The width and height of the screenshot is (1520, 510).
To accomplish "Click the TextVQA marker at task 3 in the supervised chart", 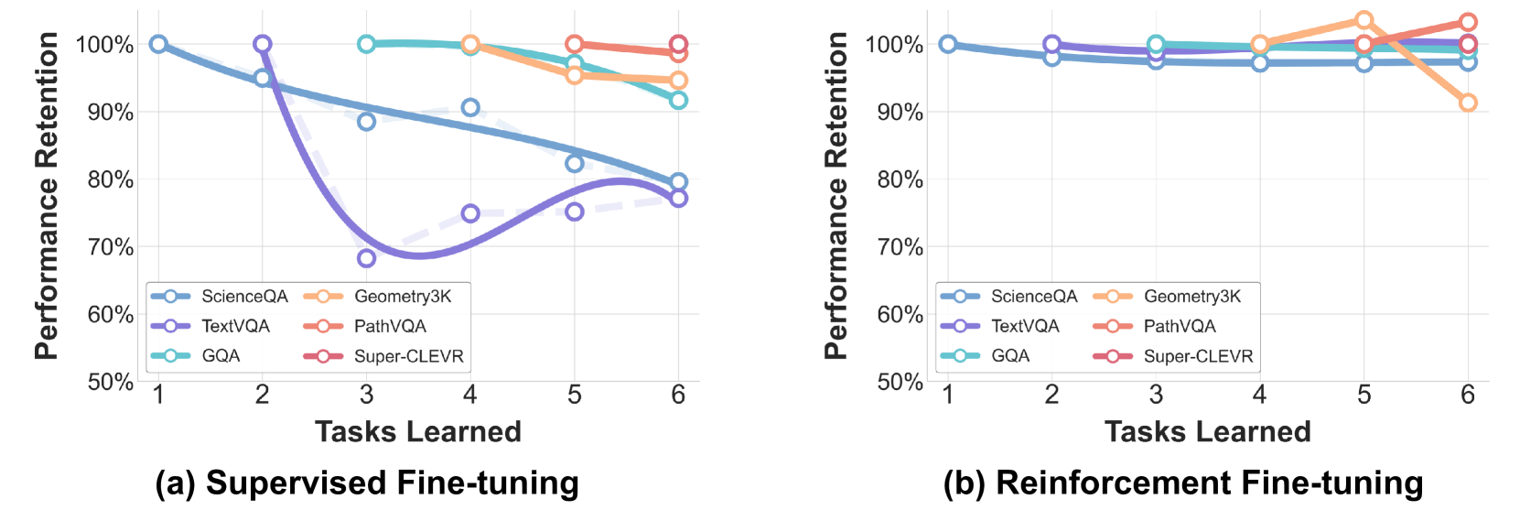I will click(x=366, y=258).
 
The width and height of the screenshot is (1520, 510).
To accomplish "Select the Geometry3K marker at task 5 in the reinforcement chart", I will click(x=1364, y=20).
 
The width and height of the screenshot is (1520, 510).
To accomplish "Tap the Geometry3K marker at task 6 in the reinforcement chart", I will click(x=1468, y=103).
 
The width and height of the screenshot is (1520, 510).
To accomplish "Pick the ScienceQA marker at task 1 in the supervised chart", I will click(x=158, y=44).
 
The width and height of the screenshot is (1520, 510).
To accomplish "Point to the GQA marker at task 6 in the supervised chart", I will click(x=678, y=100).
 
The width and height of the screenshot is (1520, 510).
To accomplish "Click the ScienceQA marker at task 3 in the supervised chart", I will click(x=366, y=121).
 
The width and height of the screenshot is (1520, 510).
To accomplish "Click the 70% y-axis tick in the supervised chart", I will click(x=111, y=247).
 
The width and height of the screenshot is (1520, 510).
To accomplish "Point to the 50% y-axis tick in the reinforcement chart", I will click(x=900, y=382).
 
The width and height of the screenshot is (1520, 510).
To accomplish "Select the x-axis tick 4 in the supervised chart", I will click(x=470, y=395).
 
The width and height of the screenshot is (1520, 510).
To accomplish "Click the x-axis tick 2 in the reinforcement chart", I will click(x=1052, y=395).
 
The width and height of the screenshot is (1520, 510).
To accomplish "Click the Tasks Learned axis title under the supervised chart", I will click(x=418, y=431).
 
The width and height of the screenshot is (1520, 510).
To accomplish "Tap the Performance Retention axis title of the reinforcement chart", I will click(x=835, y=195).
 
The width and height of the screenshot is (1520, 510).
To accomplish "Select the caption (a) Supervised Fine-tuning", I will click(x=367, y=483).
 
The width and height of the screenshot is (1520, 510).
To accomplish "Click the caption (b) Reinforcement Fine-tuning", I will click(x=1183, y=483).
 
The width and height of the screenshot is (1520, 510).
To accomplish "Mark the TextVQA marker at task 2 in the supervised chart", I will click(x=263, y=44).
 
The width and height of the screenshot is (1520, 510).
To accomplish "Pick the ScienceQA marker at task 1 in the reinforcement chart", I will click(x=948, y=44).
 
